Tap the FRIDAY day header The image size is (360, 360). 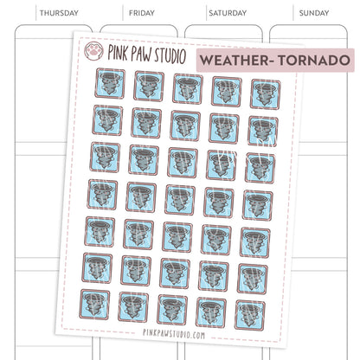(x=141, y=14)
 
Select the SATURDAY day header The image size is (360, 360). (x=227, y=14)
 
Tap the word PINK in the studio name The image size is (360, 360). (x=120, y=52)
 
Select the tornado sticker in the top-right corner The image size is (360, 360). (x=264, y=93)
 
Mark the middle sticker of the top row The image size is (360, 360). (x=188, y=89)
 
